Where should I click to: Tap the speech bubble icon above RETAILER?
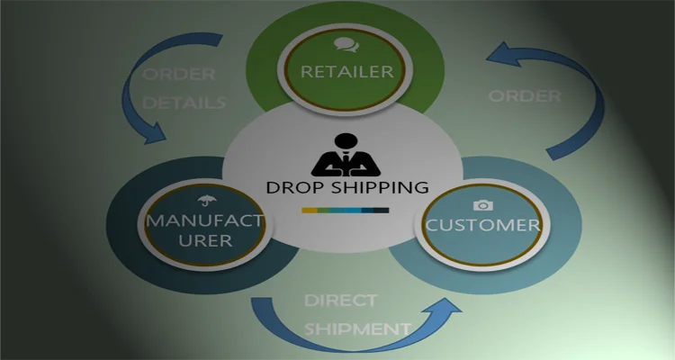pyautogui.click(x=343, y=43)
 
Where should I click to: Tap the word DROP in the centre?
pyautogui.click(x=293, y=187)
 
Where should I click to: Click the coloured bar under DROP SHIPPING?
pyautogui.click(x=346, y=211)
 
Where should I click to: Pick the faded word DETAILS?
pyautogui.click(x=183, y=103)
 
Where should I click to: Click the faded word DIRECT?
pyautogui.click(x=339, y=300)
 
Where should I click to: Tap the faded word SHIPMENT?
pyautogui.click(x=357, y=328)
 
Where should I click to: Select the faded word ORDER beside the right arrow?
pyautogui.click(x=525, y=96)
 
